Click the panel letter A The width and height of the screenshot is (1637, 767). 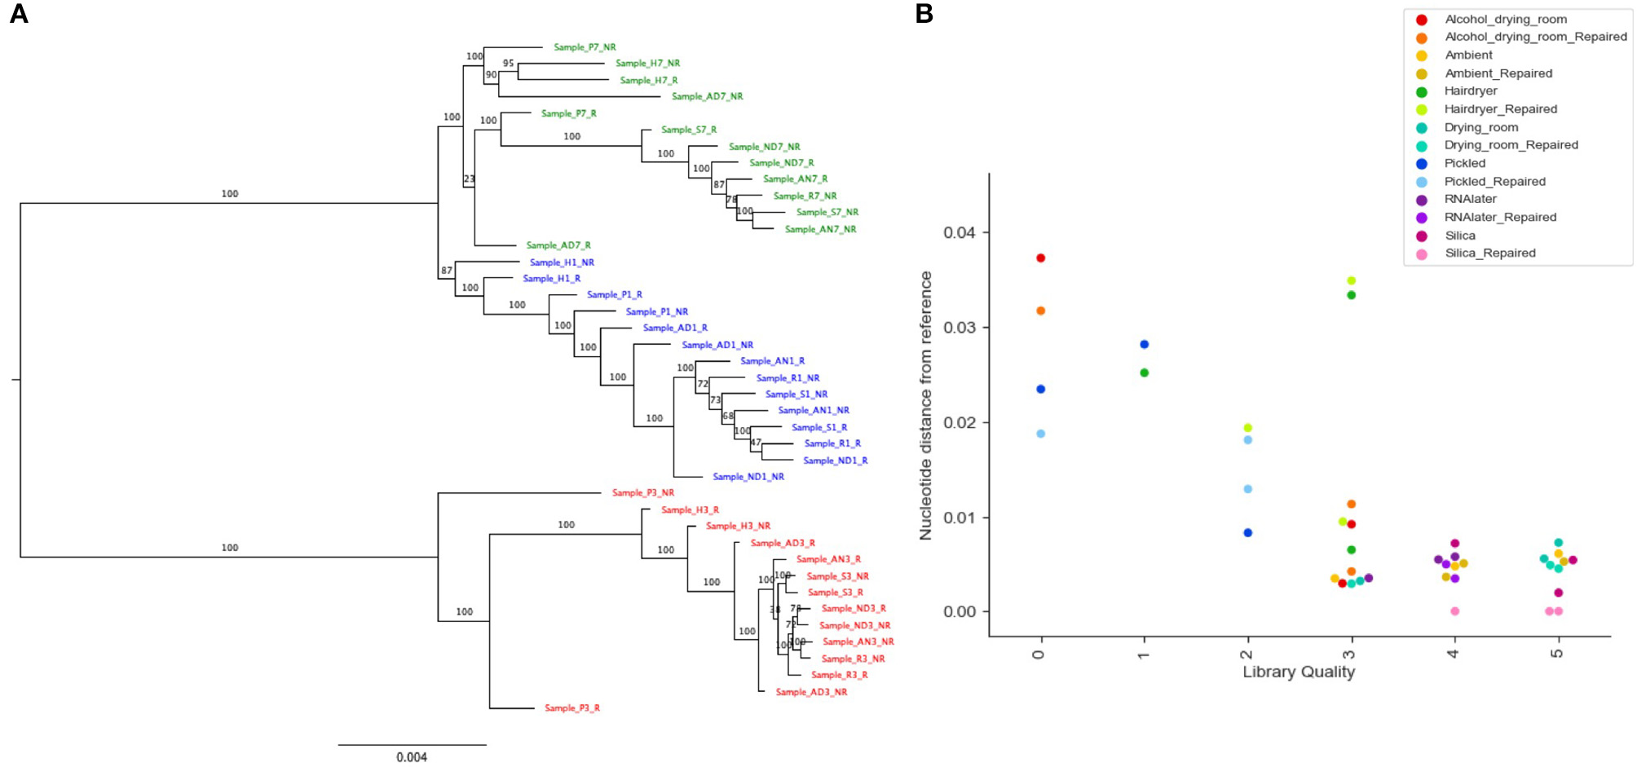point(18,14)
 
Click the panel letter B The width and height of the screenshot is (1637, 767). point(924,14)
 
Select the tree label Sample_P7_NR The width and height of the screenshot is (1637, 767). point(585,47)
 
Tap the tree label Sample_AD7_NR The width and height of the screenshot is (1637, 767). point(707,96)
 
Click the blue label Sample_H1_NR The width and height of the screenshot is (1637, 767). point(562,262)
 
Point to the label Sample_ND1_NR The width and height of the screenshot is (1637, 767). point(748,477)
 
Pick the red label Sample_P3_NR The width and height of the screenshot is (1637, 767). point(642,493)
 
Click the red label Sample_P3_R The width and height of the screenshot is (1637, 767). point(571,708)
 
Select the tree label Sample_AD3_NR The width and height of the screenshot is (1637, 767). point(810,692)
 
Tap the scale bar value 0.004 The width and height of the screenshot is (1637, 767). point(412,757)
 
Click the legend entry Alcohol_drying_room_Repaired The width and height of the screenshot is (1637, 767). point(1535,37)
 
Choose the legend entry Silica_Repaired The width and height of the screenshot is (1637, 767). point(1489,253)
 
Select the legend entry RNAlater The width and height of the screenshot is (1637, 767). point(1470,199)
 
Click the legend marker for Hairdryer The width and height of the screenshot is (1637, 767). point(1422,91)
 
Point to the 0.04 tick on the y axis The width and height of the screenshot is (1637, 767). point(960,233)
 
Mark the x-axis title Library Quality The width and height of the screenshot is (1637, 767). point(1298,672)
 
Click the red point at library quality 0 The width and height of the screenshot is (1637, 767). point(1040,258)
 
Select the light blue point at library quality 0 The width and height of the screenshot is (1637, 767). point(1040,434)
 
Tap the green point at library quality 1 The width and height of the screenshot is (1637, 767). point(1144,373)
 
